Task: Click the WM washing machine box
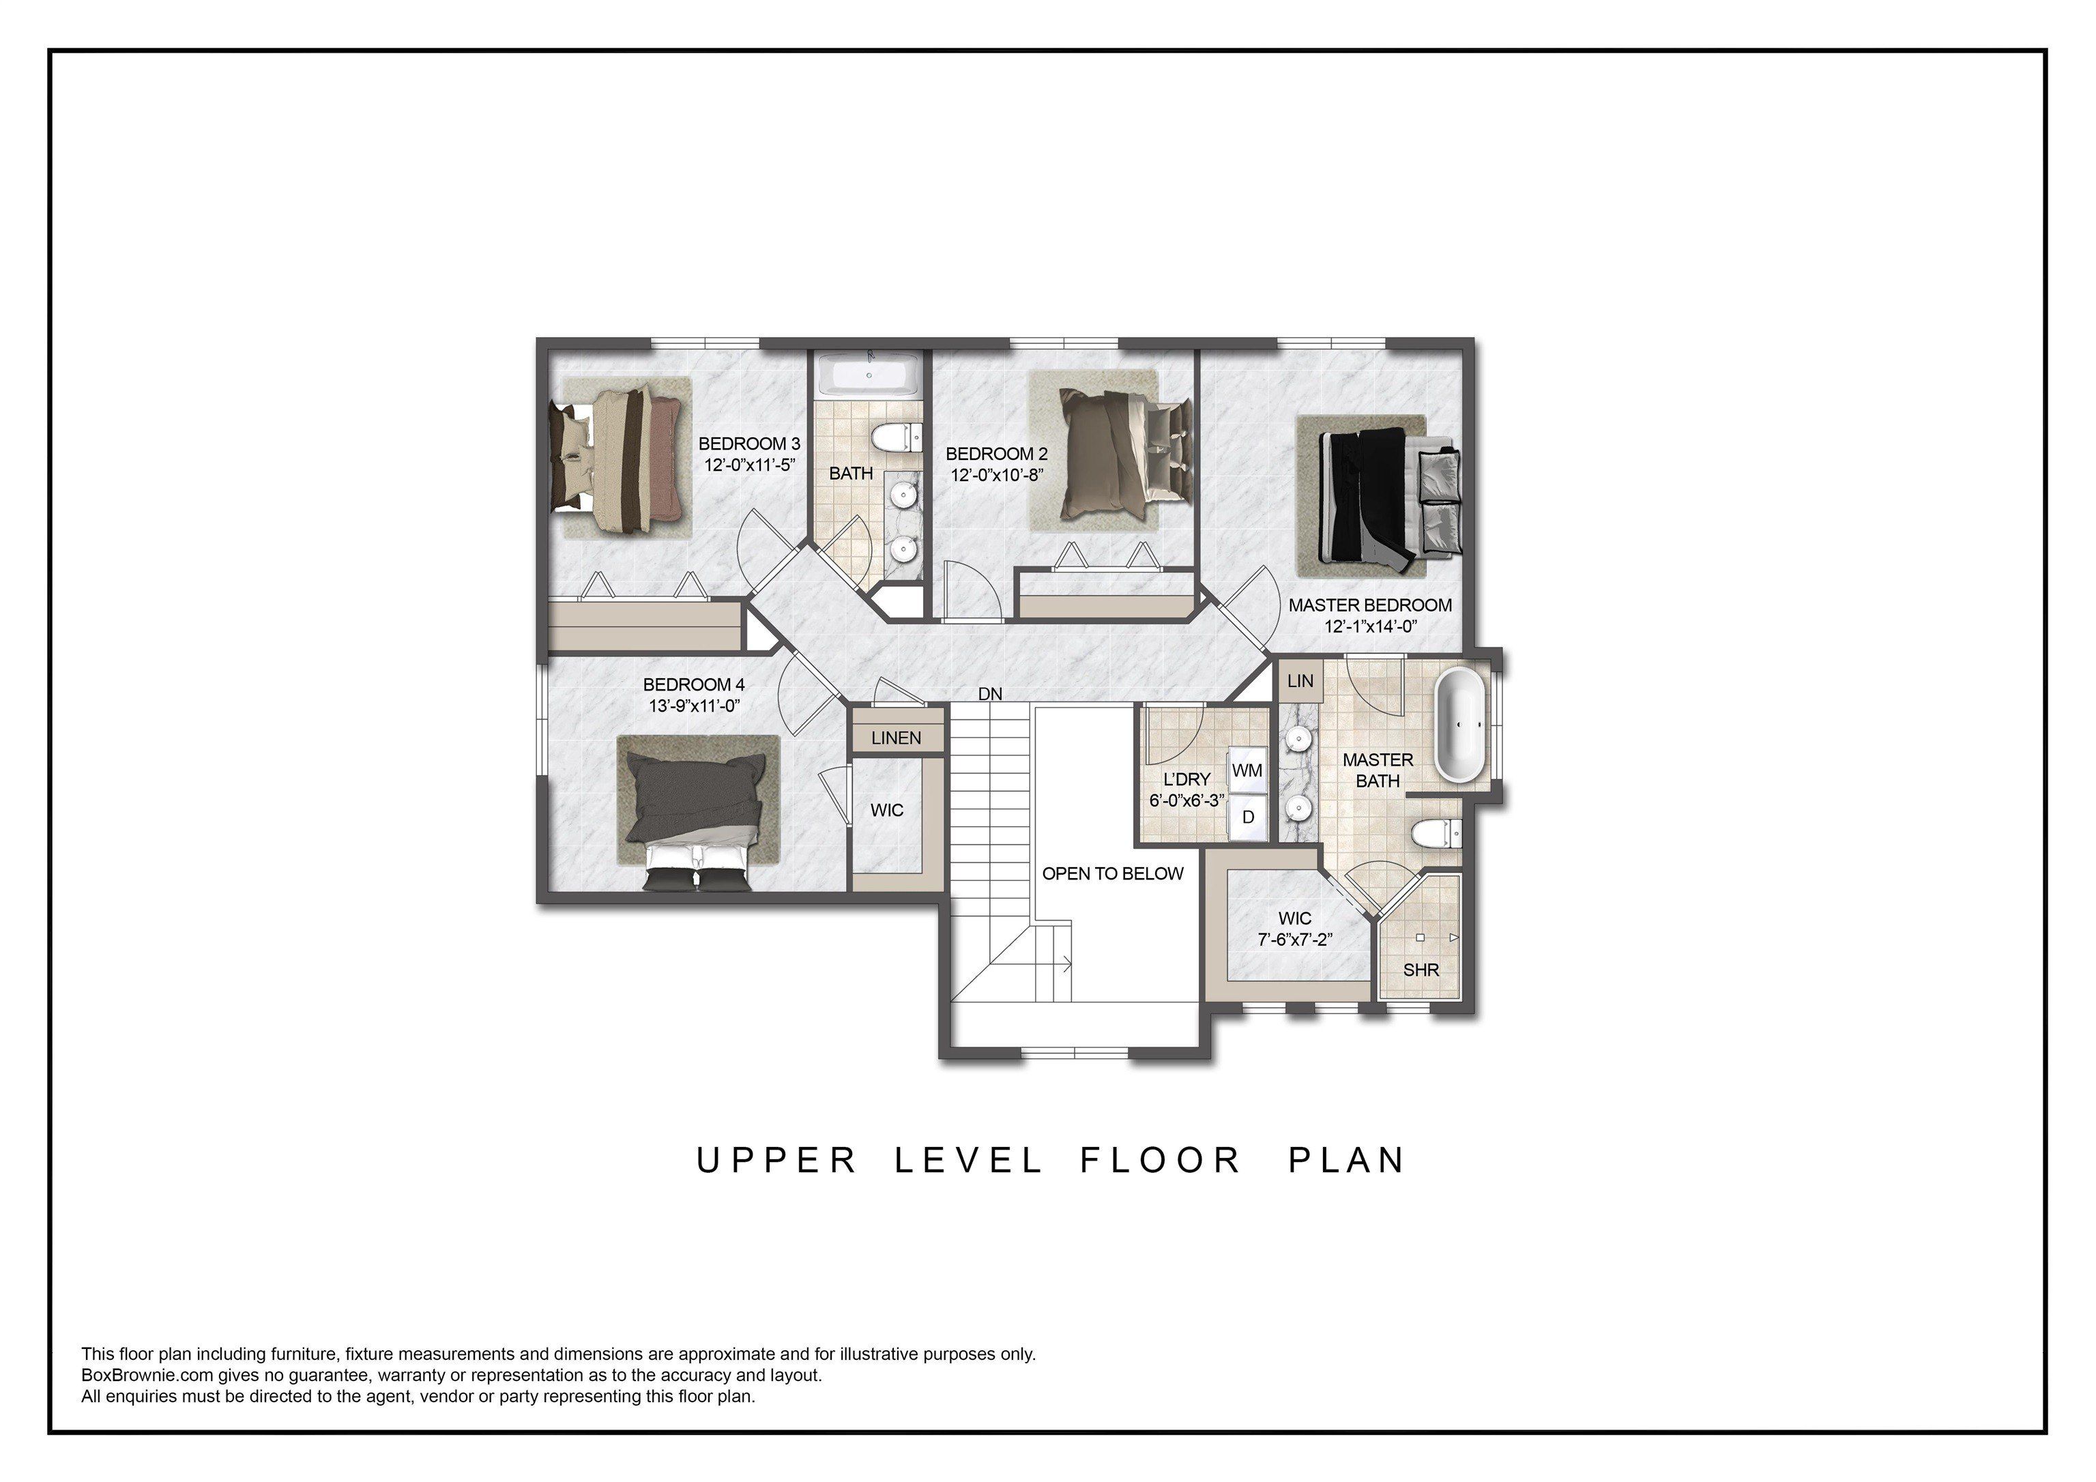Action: click(1247, 770)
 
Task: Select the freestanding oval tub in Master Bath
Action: click(1461, 725)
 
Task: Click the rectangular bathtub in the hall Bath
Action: click(867, 375)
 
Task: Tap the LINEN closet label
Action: click(896, 738)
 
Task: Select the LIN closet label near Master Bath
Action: click(1300, 680)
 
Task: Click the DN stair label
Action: click(989, 694)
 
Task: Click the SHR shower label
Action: click(1421, 970)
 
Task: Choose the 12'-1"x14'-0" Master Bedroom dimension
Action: click(1369, 626)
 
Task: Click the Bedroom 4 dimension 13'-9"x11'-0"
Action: click(694, 705)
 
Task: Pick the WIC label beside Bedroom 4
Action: click(886, 810)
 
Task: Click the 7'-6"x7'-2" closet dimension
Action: click(1294, 939)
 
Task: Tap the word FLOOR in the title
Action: click(1161, 1161)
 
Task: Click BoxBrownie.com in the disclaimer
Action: click(146, 1375)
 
